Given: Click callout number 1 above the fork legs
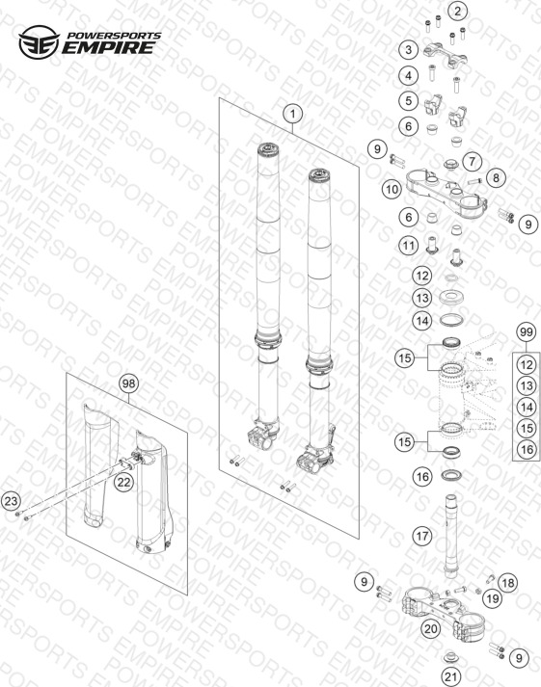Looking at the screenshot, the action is coord(292,114).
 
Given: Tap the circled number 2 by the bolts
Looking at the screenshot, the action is coord(458,11).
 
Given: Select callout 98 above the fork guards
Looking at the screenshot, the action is coord(129,383).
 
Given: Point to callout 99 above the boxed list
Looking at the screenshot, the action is coord(527,332).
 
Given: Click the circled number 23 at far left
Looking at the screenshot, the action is coord(12,501).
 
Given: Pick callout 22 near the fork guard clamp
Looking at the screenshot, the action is coord(124,483).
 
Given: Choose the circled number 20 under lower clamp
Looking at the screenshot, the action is coord(431,629).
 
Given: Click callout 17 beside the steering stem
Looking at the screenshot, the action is coord(422,536).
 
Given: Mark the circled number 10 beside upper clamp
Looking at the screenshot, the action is coord(392,189).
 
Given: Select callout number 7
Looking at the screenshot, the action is coord(473,161).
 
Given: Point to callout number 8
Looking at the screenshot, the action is coord(496,177).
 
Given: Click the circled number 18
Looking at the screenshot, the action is coord(507,583).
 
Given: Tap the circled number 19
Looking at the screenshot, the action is coord(493,598).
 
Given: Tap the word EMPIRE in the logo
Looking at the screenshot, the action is coord(108,47).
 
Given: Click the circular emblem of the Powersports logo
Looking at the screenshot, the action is coord(39,42).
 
